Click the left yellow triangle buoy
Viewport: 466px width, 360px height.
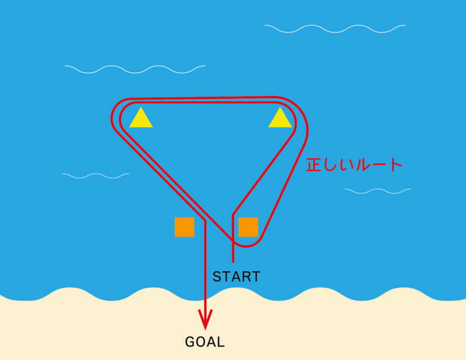click(x=141, y=119)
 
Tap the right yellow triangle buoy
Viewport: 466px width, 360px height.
click(x=280, y=119)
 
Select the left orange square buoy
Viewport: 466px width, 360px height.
click(x=184, y=227)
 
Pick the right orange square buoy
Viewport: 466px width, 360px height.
click(x=248, y=227)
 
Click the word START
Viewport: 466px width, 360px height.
click(x=236, y=276)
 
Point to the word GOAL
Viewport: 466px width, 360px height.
click(x=205, y=342)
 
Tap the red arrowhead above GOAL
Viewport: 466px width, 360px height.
click(x=205, y=319)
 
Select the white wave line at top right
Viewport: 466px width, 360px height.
click(x=334, y=28)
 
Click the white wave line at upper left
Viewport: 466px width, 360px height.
click(x=135, y=69)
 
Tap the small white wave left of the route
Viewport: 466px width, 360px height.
click(x=96, y=175)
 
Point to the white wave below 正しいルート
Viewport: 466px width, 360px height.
click(x=377, y=190)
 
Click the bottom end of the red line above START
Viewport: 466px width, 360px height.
click(x=233, y=260)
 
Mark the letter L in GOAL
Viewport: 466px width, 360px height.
click(x=221, y=342)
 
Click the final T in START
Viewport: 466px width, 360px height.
click(x=255, y=276)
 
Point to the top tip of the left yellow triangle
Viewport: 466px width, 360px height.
click(x=141, y=108)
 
